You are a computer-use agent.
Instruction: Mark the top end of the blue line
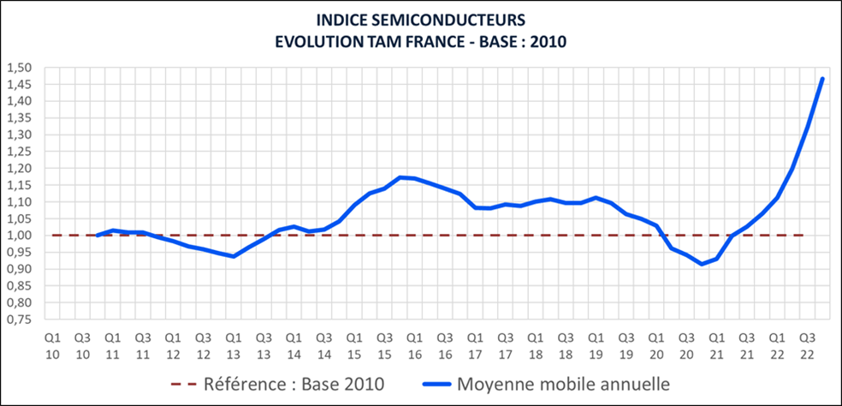822,79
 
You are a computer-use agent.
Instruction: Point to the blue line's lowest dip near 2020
702,264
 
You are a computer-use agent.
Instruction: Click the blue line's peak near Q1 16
400,177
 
